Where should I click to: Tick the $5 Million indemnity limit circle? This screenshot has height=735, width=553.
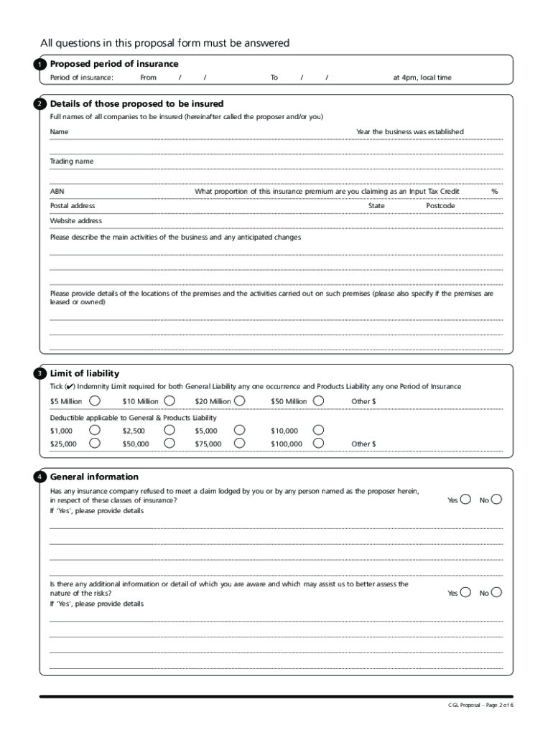[x=94, y=401]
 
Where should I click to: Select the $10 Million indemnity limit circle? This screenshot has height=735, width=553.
[x=169, y=401]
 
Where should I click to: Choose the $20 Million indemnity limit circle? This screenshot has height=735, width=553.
[x=240, y=401]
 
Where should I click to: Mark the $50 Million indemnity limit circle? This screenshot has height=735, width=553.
[x=318, y=401]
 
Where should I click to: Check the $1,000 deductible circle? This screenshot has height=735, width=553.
[x=94, y=430]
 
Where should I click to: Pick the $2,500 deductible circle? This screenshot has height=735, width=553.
[x=169, y=430]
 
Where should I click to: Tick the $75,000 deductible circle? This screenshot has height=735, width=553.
[x=240, y=444]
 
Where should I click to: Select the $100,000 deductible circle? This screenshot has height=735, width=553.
[x=318, y=444]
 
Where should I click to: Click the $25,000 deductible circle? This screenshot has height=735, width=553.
[x=94, y=444]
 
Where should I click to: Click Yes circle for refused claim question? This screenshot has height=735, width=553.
[x=466, y=500]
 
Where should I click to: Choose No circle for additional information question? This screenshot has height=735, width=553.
[x=497, y=592]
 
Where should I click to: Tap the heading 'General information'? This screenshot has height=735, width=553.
[x=94, y=477]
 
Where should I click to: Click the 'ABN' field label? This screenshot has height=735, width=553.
[x=57, y=192]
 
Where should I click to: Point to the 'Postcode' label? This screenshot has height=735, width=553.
[x=440, y=206]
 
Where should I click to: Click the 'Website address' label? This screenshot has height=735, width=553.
[x=75, y=221]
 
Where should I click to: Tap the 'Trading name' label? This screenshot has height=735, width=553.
[x=71, y=161]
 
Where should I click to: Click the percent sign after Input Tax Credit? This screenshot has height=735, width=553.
[x=494, y=192]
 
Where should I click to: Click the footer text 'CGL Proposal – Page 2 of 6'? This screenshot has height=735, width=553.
[x=480, y=706]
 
